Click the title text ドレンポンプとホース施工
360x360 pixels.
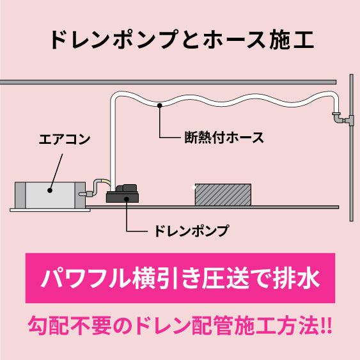182,40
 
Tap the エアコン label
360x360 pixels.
65,139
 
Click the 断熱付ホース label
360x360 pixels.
224,137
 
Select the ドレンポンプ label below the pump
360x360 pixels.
191,230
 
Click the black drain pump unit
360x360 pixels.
122,194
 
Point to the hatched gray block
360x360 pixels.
223,194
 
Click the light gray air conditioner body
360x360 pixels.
50,195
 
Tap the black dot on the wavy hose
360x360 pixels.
160,106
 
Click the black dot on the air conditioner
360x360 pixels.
50,191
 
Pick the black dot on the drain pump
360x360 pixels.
127,199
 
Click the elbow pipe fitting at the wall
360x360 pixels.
339,118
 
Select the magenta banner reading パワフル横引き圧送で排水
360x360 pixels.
180,278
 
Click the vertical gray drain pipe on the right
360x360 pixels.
352,148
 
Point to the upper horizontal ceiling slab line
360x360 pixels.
168,82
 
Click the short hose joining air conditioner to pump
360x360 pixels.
97,187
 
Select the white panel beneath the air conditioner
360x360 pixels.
50,210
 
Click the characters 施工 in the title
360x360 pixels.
292,40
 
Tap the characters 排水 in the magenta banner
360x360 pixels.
297,278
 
